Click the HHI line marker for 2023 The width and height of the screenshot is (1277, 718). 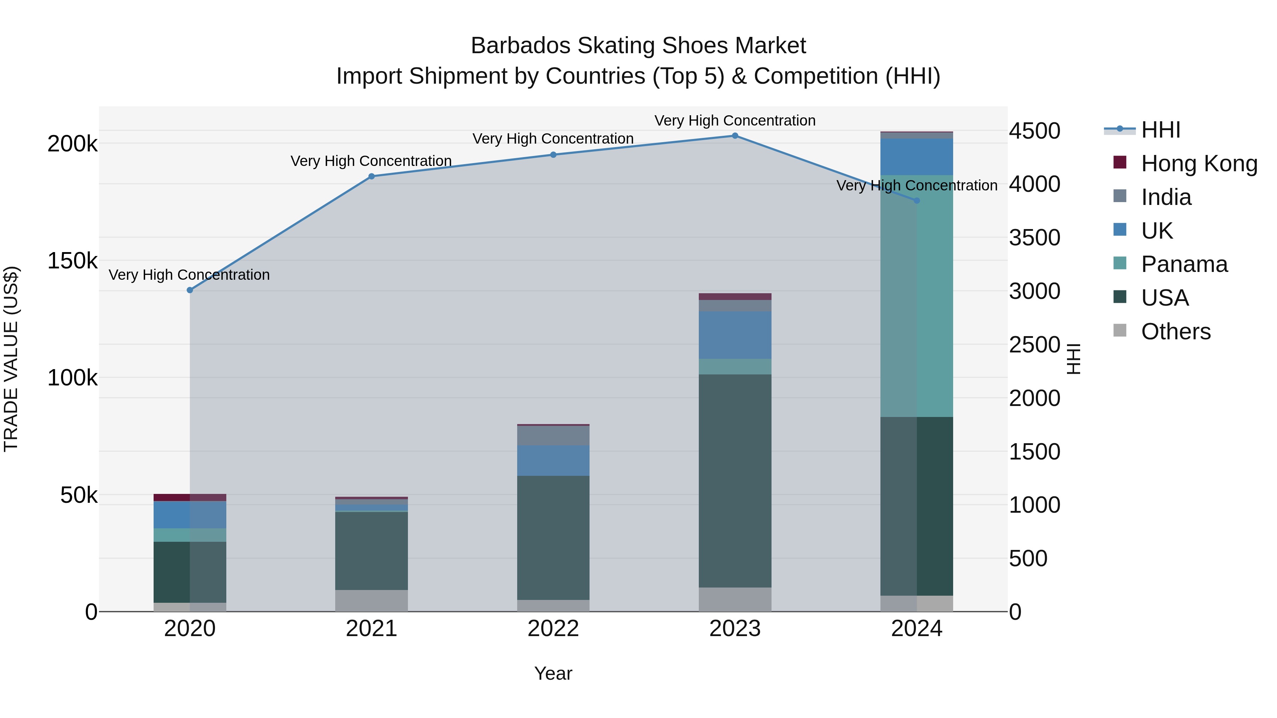click(735, 136)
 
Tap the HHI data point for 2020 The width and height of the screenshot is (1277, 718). click(190, 290)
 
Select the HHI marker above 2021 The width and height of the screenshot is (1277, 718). click(371, 177)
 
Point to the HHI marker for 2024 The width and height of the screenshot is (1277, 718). click(917, 201)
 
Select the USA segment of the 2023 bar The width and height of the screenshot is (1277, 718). click(735, 481)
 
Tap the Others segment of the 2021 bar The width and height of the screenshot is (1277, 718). click(371, 601)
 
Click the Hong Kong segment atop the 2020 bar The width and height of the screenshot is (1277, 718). click(190, 497)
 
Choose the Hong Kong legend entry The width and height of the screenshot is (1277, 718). click(1199, 163)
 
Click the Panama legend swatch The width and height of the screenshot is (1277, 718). click(1120, 263)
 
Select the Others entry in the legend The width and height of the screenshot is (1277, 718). click(1176, 332)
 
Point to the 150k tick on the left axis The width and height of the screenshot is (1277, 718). click(72, 261)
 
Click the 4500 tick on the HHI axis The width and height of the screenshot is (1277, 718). click(1035, 131)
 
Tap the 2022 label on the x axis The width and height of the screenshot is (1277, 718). click(553, 629)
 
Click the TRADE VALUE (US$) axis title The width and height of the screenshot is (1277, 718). click(11, 359)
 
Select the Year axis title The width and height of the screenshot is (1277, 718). click(553, 673)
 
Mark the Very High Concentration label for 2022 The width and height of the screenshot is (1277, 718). click(553, 139)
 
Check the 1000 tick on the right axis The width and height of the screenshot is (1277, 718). click(1035, 505)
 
